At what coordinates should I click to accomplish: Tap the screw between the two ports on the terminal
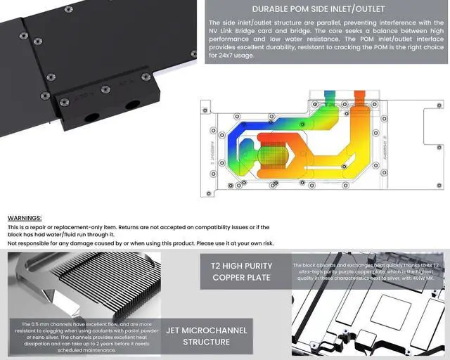click(105, 89)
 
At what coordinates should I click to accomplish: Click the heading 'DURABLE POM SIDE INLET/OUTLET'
click(318, 9)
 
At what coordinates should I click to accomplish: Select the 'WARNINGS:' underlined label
click(25, 219)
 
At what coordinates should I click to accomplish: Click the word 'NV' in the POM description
click(215, 31)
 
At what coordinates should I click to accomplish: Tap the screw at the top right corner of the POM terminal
click(146, 77)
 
